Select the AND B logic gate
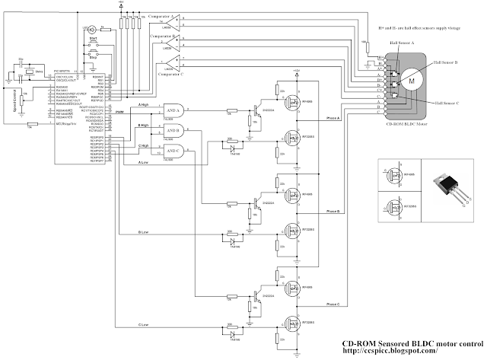click(170, 130)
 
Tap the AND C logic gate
click(170, 150)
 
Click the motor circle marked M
click(411, 79)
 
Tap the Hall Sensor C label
click(450, 102)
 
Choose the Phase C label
click(333, 304)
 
